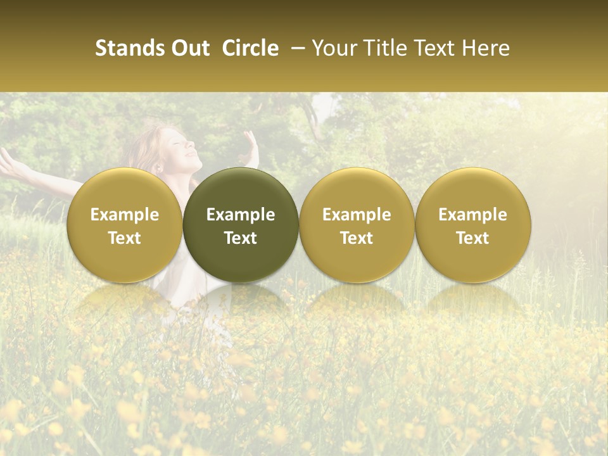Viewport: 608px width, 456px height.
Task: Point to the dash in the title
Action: click(x=296, y=48)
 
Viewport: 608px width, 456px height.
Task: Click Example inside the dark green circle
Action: click(x=241, y=215)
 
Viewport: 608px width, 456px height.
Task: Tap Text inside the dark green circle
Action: click(x=241, y=238)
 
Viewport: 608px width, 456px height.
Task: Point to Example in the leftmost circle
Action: click(x=124, y=215)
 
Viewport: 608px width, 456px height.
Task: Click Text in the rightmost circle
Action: click(x=473, y=238)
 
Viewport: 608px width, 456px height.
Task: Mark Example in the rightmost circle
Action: click(x=473, y=215)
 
